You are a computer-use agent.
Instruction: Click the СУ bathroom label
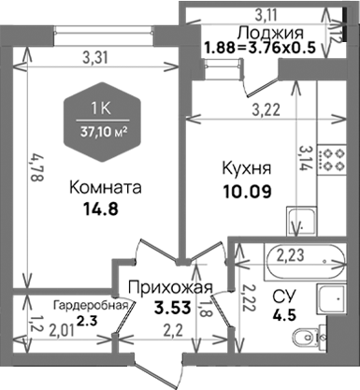(281, 296)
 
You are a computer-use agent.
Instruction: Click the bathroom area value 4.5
(281, 314)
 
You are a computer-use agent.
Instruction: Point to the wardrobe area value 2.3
(86, 321)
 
